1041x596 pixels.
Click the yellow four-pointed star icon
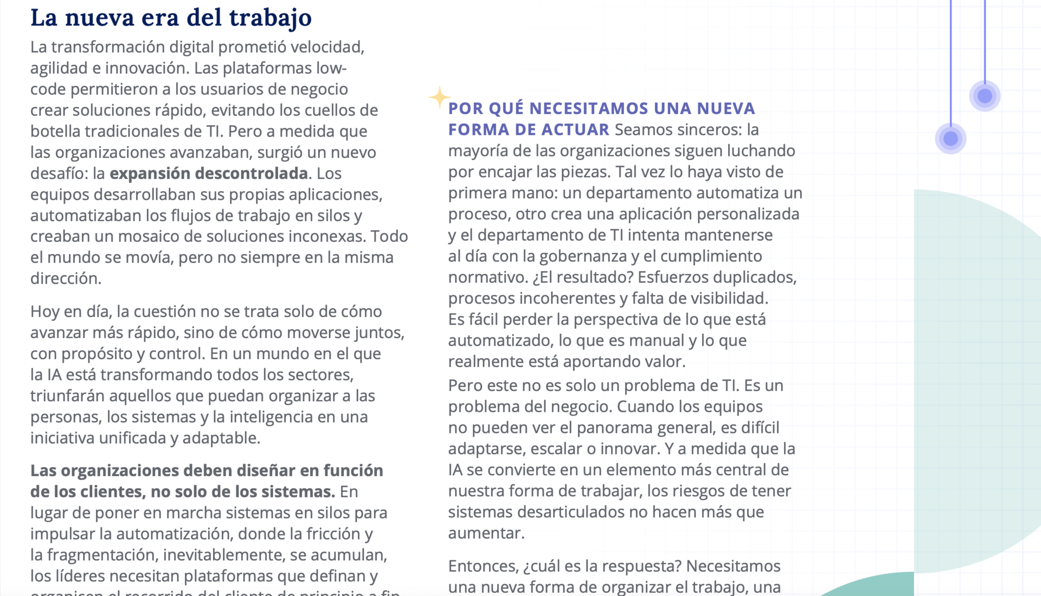439,98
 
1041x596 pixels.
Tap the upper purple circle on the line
985,96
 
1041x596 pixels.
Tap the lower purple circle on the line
950,139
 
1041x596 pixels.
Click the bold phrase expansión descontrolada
209,173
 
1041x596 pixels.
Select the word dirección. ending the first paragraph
66,278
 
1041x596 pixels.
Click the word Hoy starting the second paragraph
44,312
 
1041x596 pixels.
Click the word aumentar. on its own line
486,533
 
